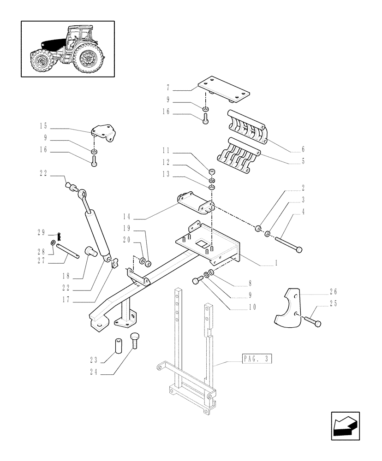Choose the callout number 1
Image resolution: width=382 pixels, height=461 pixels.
click(x=275, y=263)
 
